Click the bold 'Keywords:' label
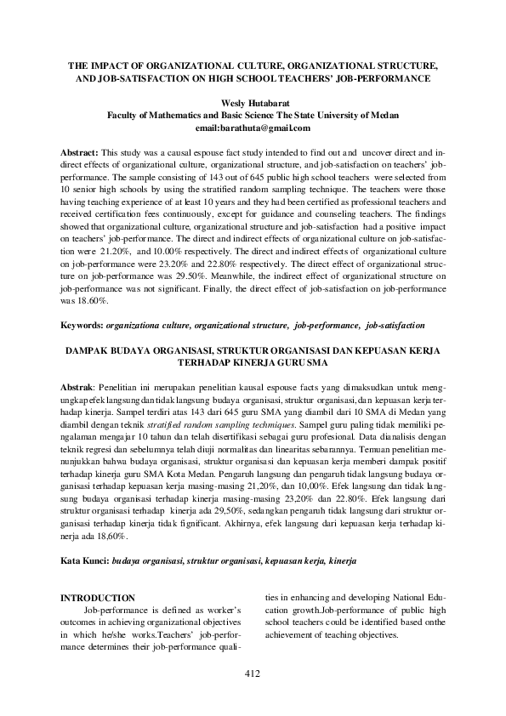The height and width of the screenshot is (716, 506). (x=81, y=326)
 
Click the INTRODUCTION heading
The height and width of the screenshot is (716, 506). (x=99, y=599)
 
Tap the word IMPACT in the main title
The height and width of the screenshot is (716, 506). (x=114, y=65)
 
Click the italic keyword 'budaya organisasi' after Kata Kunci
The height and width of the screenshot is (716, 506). (x=147, y=561)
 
